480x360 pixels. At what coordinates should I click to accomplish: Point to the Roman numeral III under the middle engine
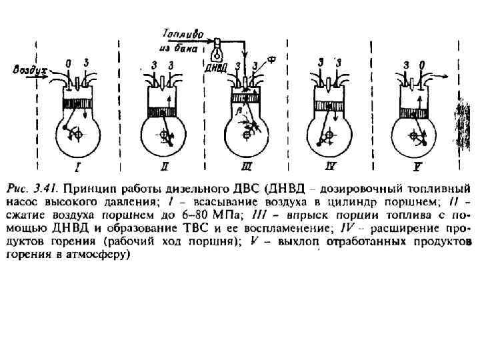pos(247,163)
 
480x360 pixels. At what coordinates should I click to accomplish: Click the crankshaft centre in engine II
pos(164,135)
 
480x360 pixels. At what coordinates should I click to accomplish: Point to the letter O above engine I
pos(69,63)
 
